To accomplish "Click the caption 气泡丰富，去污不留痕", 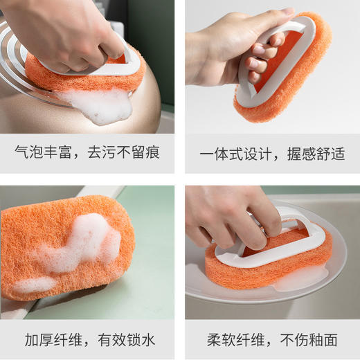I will pyautogui.click(x=87, y=153).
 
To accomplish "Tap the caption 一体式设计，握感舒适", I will pyautogui.click(x=272, y=153).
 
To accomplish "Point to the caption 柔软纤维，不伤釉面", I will pyautogui.click(x=272, y=339).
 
